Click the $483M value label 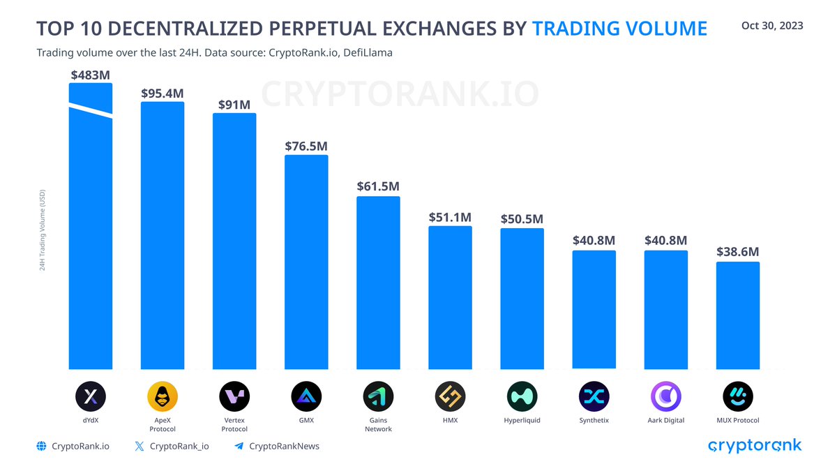tap(91, 75)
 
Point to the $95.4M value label tap(163, 94)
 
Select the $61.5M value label tap(378, 187)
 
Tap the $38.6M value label tap(737, 252)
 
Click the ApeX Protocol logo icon tap(163, 397)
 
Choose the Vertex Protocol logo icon tap(234, 397)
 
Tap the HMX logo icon tap(450, 397)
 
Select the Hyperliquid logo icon tap(522, 397)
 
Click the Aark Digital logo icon tap(665, 397)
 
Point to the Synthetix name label tap(594, 421)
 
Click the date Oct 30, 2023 tap(772, 26)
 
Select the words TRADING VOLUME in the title tap(619, 29)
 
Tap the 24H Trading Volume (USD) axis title tap(43, 230)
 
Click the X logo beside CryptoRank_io tap(139, 446)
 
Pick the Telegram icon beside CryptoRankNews tap(239, 446)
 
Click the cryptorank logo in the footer tap(755, 446)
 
